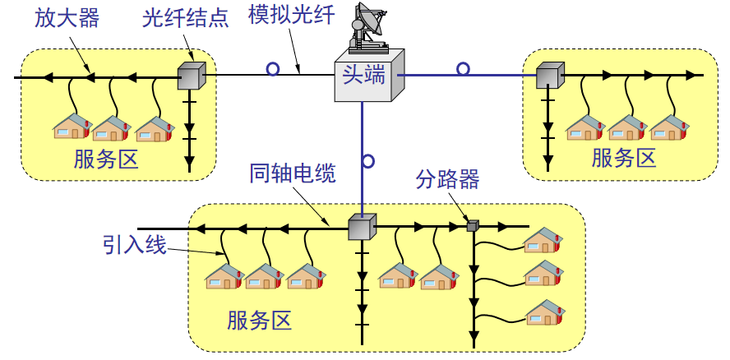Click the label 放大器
[67, 19]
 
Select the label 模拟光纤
[287, 16]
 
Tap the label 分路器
[447, 180]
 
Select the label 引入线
[135, 244]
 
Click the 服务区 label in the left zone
[106, 159]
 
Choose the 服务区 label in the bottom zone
[260, 320]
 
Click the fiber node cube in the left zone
[191, 76]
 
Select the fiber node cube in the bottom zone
[362, 227]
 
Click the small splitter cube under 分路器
[473, 226]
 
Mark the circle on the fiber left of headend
[273, 69]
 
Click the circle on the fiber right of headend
[464, 69]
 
